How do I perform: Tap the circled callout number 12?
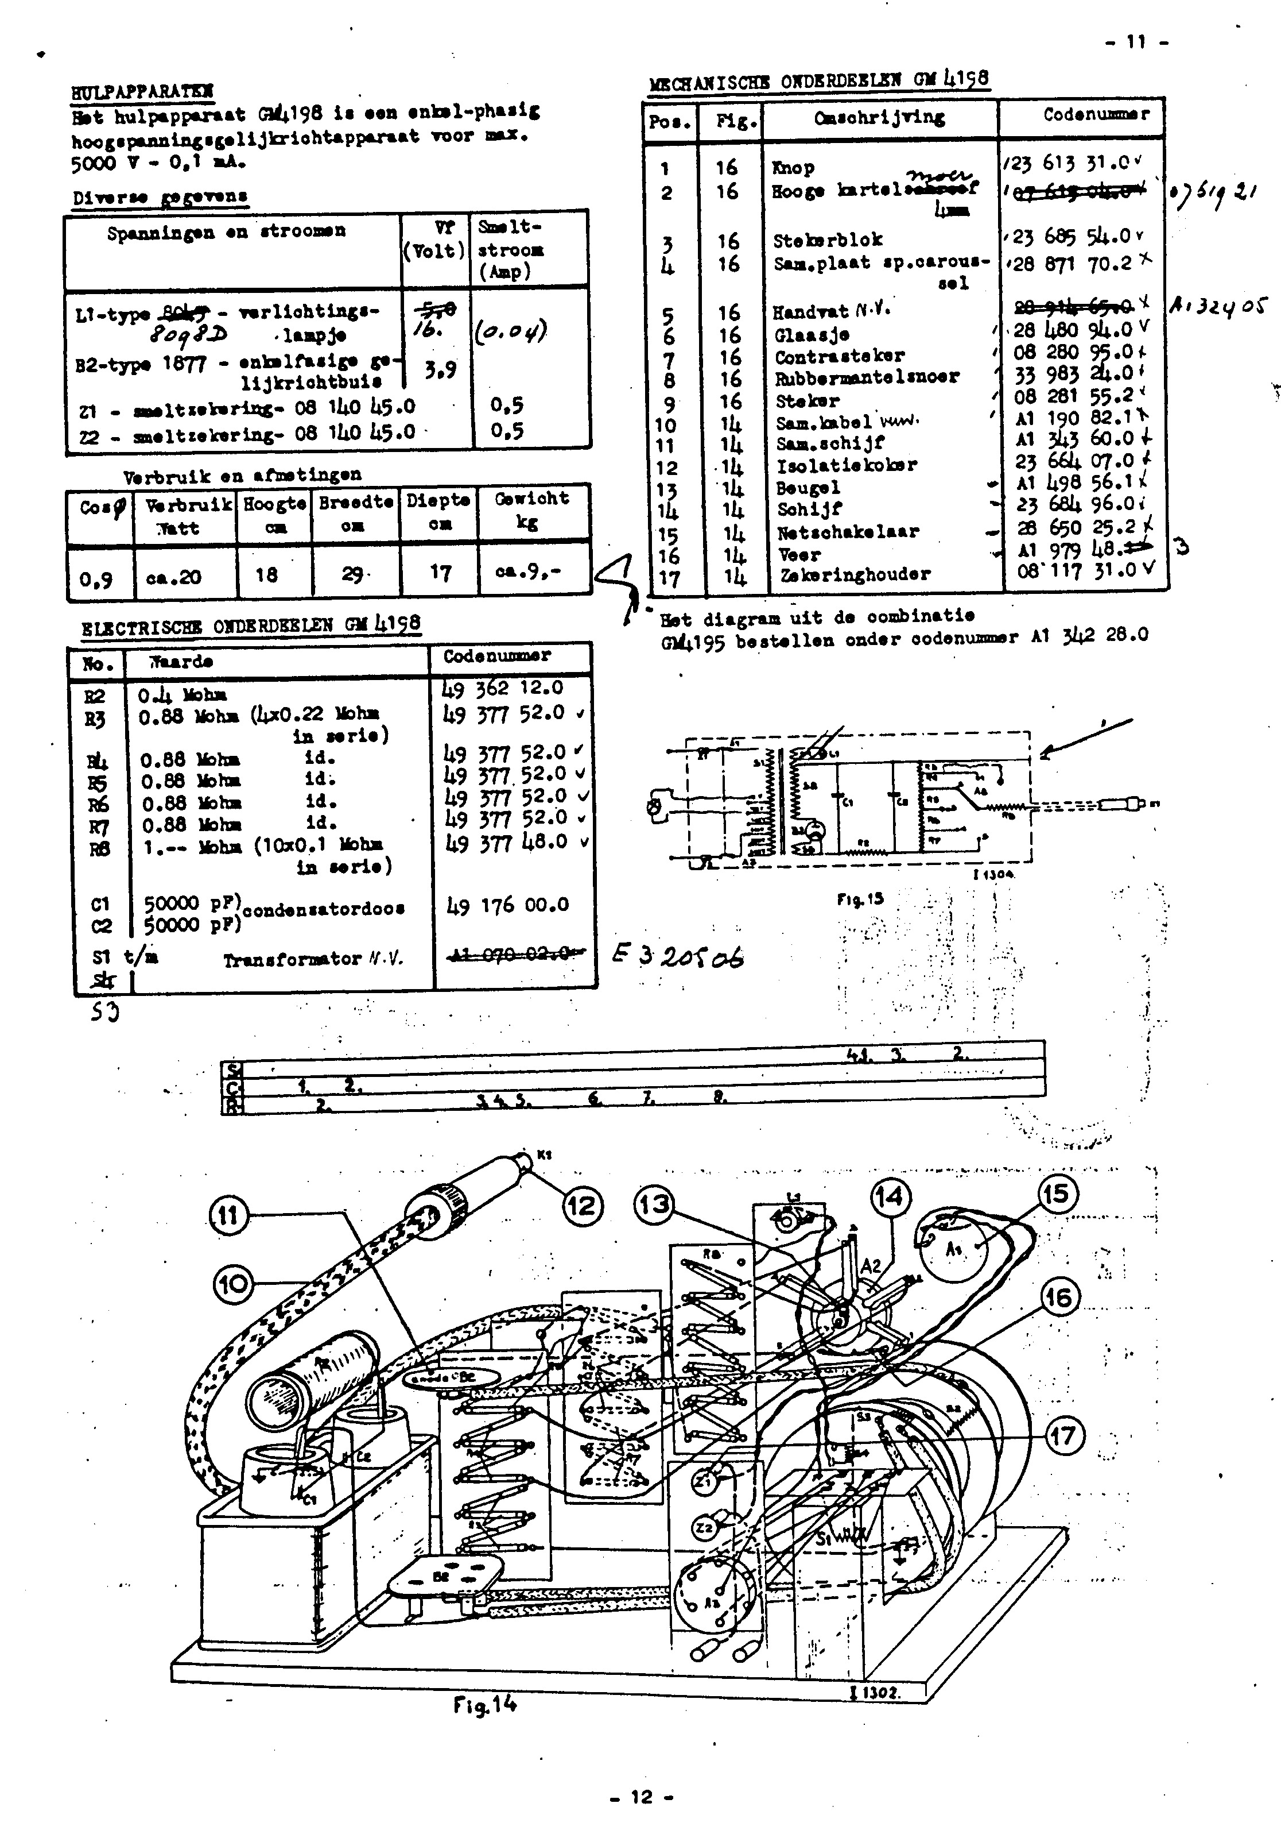pyautogui.click(x=583, y=1205)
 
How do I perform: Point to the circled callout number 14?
pyautogui.click(x=888, y=1198)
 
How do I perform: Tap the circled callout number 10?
pyautogui.click(x=233, y=1284)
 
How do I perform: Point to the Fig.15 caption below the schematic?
pyautogui.click(x=860, y=898)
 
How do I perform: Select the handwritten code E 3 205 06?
pyautogui.click(x=678, y=956)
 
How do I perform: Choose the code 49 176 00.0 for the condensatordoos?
pyautogui.click(x=507, y=905)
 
